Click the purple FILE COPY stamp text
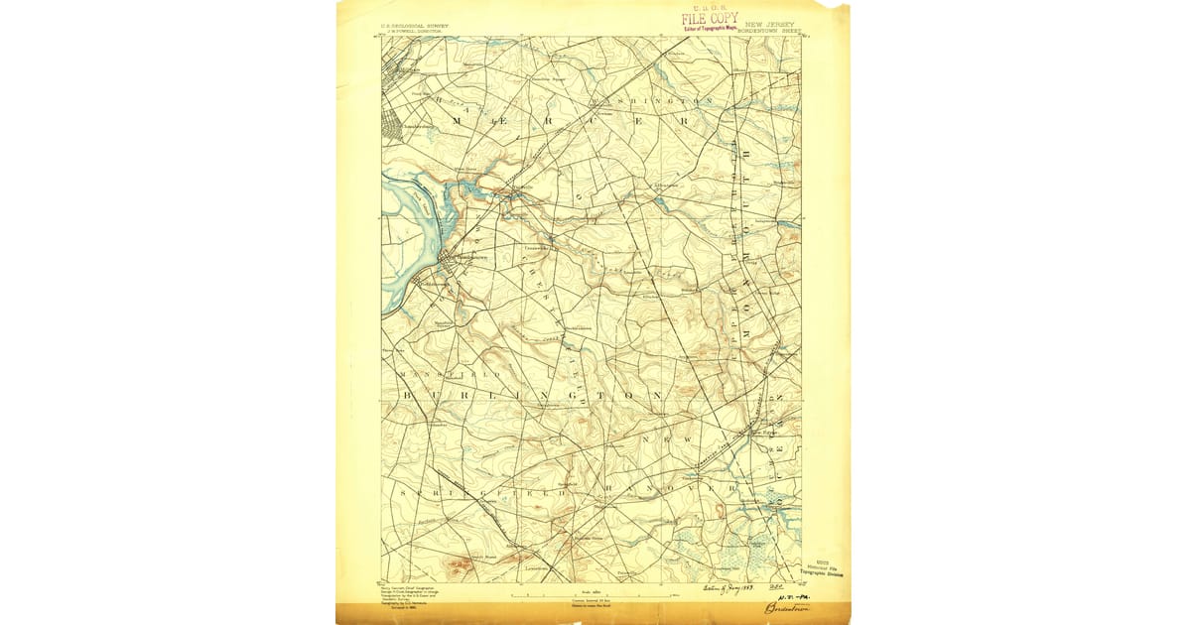click(709, 18)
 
